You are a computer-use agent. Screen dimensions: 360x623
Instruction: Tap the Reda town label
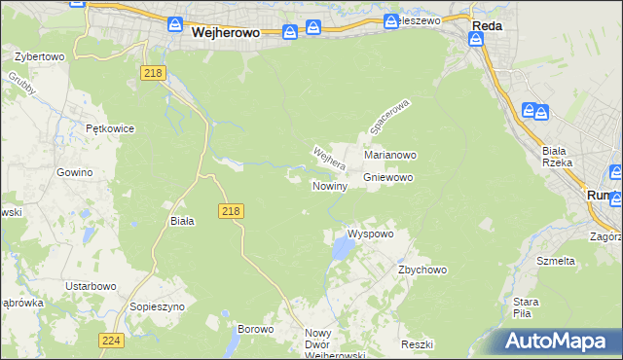click(x=487, y=26)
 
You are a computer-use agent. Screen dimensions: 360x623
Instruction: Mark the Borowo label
click(x=256, y=330)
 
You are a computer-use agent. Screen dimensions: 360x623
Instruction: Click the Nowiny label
click(x=330, y=185)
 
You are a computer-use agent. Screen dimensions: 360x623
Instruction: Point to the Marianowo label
click(x=390, y=155)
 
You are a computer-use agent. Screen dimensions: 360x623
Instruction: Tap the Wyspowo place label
click(x=370, y=234)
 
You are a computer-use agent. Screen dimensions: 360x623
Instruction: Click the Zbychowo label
click(x=421, y=270)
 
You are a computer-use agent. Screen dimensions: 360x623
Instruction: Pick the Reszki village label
click(x=416, y=345)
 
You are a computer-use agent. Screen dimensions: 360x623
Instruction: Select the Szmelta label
click(x=556, y=261)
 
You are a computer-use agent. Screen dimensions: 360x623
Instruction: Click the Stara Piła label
click(x=526, y=307)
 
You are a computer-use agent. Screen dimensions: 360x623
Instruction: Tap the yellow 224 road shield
click(x=110, y=340)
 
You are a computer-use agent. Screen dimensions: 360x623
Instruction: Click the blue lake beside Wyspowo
click(x=341, y=251)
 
